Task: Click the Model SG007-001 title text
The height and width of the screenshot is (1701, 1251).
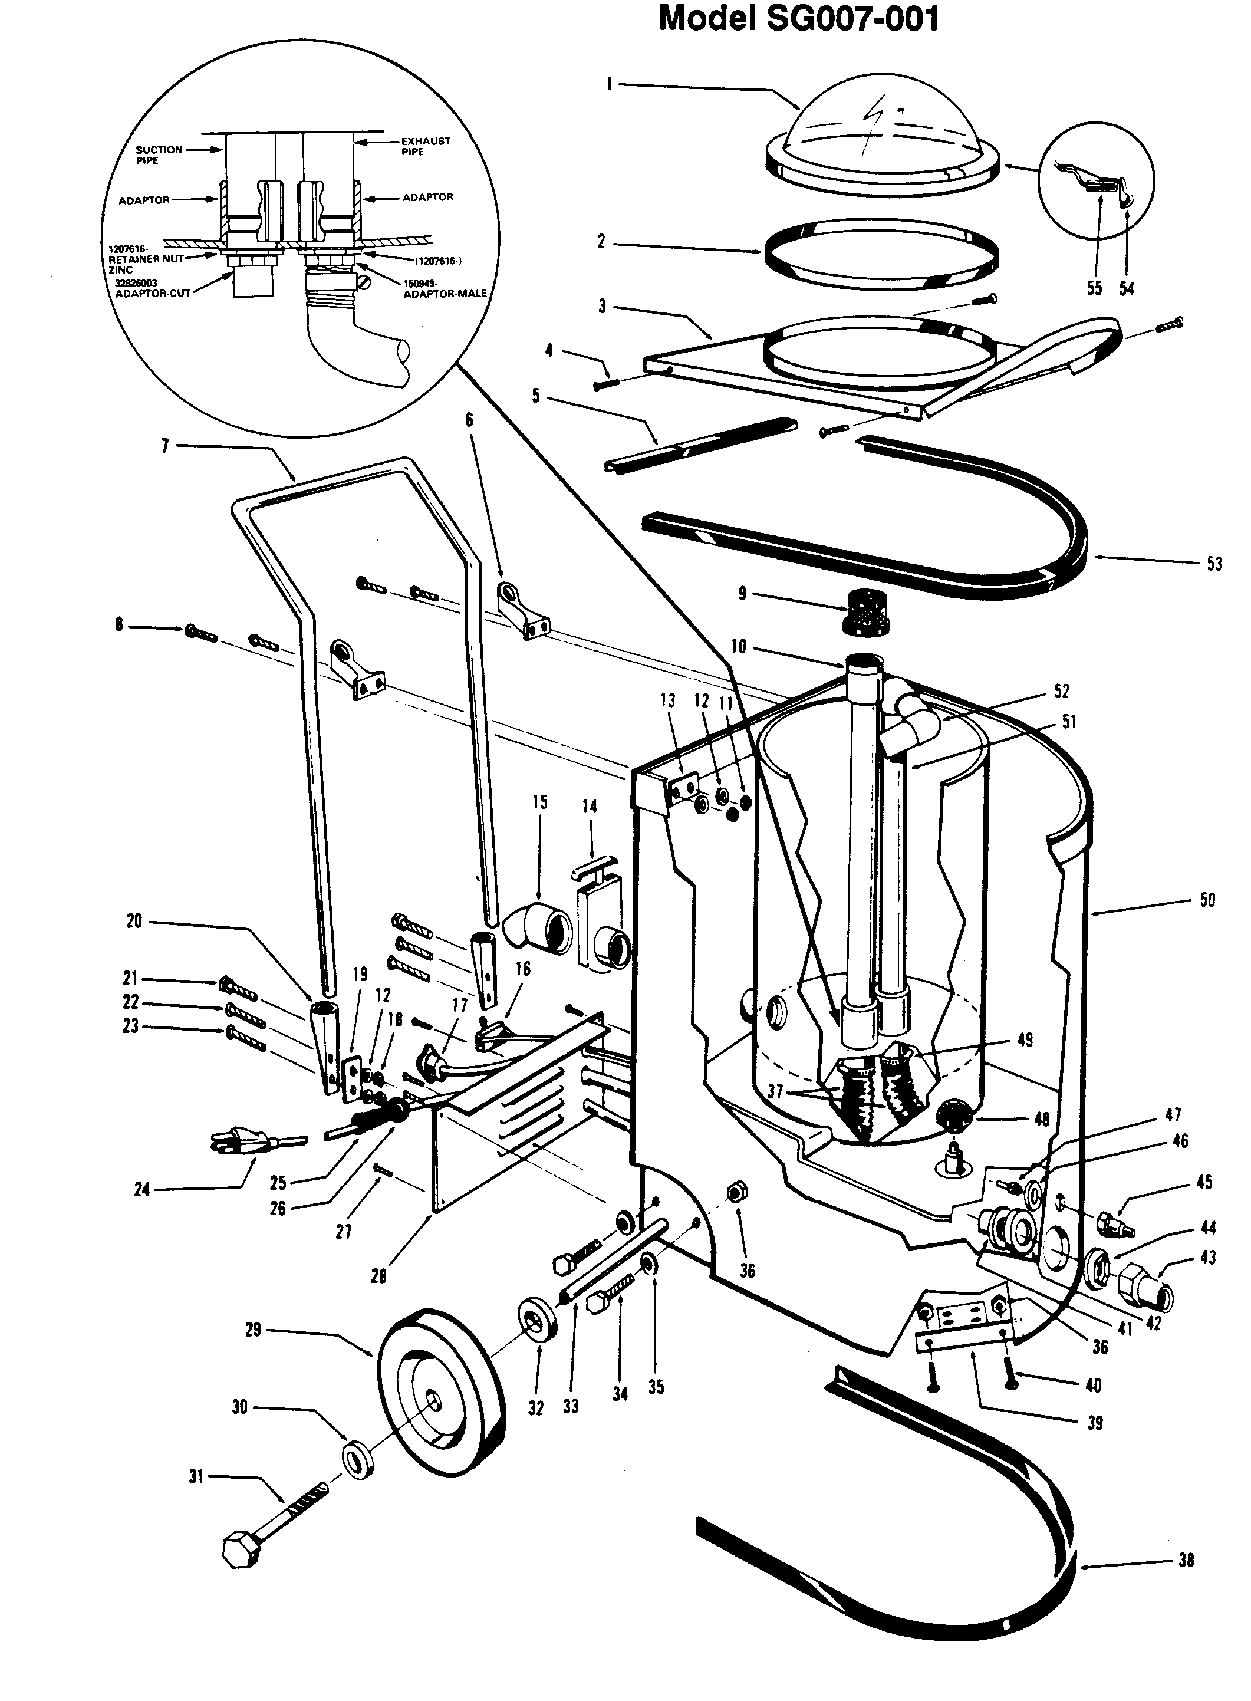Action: pos(798,19)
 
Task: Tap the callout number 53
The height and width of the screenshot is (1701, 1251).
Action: pos(1213,564)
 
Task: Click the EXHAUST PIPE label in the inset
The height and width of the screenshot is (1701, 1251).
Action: pos(426,146)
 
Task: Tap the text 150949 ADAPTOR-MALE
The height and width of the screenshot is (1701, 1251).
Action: pos(445,288)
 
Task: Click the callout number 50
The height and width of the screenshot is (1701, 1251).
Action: pos(1207,900)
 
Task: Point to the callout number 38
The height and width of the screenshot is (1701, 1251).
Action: pos(1187,1559)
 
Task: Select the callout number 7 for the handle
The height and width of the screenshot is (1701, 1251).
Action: pos(165,446)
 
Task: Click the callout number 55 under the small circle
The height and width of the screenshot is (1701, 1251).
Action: pos(1094,288)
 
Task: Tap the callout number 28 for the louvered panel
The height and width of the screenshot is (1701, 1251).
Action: pos(378,1276)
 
